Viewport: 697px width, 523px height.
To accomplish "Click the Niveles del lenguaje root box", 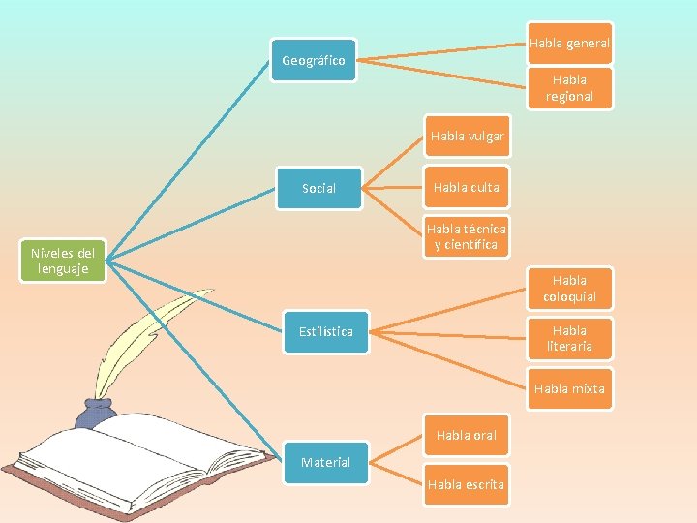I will point(61,261).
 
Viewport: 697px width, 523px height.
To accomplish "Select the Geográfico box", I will point(313,61).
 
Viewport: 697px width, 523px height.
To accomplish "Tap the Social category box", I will point(318,188).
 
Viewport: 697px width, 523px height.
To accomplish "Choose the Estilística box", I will point(325,331).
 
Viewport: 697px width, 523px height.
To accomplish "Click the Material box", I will point(325,462).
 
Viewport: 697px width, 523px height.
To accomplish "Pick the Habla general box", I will point(569,44).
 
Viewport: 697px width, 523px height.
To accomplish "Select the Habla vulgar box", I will point(467,137).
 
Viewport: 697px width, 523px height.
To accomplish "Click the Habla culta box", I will point(467,188).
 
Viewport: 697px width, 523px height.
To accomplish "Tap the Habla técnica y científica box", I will point(467,237).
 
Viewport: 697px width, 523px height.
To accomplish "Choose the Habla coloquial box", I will point(569,289).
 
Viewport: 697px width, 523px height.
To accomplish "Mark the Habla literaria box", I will point(569,338).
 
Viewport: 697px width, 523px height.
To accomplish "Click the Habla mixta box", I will point(569,388).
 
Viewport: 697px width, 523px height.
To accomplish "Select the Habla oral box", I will point(467,435).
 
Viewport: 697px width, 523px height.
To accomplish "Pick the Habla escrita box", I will point(467,484).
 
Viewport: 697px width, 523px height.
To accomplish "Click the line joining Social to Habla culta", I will point(392,188).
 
